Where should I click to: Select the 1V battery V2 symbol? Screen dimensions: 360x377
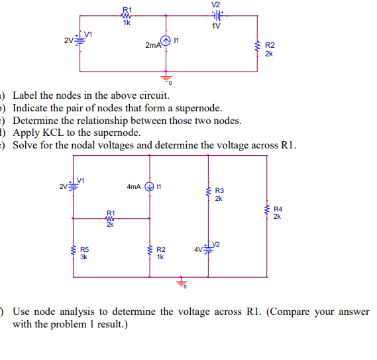pos(216,15)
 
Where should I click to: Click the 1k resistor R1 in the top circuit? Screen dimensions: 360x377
pos(127,15)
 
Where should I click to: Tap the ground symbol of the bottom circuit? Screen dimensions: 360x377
pos(180,284)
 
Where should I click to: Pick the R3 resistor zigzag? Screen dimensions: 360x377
pos(208,193)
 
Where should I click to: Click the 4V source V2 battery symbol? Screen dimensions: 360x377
pos(208,249)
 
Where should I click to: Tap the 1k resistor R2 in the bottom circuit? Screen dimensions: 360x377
pos(150,251)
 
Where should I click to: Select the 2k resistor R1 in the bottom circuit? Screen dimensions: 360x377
pos(110,218)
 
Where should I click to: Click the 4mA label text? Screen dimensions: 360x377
pos(133,186)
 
